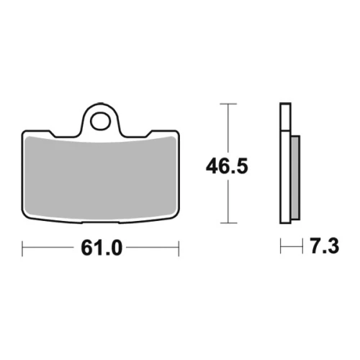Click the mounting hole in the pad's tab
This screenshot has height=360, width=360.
(x=101, y=121)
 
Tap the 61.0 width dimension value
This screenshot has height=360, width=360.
(x=102, y=248)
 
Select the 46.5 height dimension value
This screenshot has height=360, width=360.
(x=227, y=166)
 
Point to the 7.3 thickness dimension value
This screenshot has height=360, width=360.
(x=325, y=246)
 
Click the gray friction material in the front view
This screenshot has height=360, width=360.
(x=101, y=179)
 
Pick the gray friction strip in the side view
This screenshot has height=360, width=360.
(x=295, y=178)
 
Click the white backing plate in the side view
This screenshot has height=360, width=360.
(x=285, y=163)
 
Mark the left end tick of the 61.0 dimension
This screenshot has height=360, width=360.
(x=22, y=248)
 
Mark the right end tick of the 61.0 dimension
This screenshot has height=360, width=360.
(x=179, y=248)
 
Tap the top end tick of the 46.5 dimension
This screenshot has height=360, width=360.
(x=228, y=104)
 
